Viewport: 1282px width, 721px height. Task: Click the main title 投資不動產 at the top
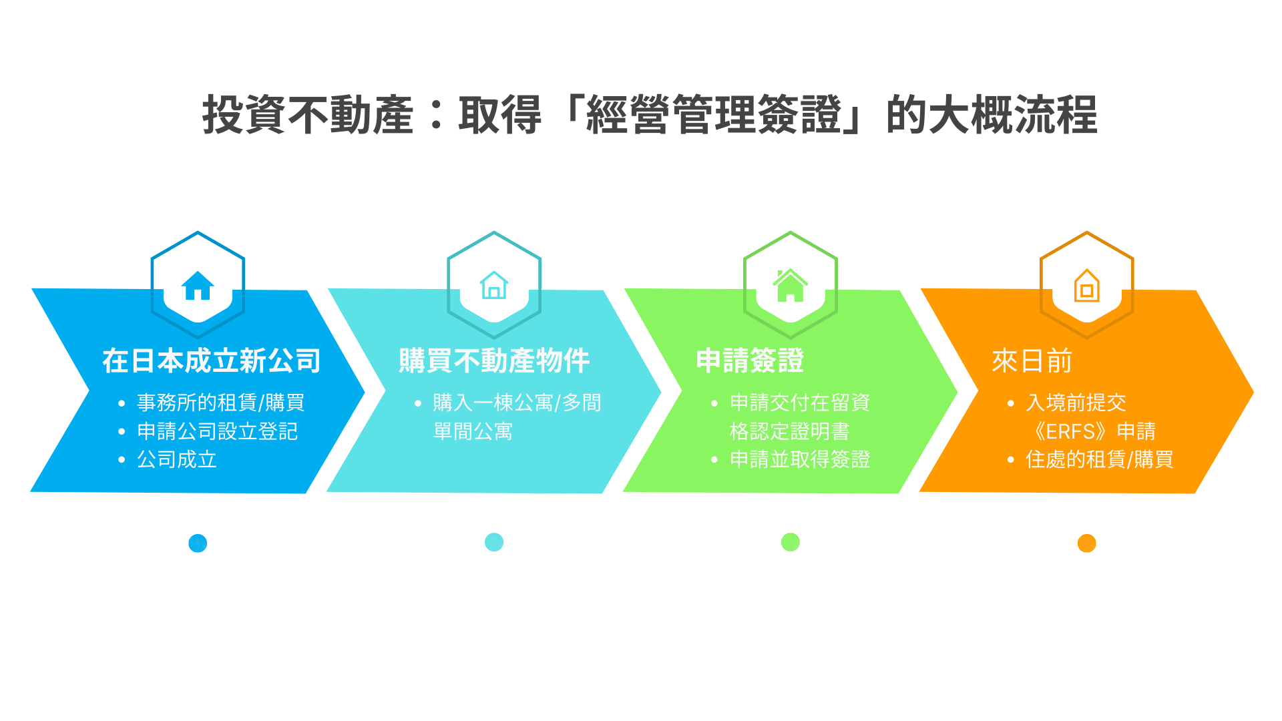308,115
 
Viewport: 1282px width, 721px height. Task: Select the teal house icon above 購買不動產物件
494,285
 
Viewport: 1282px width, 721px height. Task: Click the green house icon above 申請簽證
790,286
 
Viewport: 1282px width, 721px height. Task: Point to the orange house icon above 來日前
1086,286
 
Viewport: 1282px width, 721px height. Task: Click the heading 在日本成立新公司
212,361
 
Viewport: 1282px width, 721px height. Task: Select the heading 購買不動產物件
494,361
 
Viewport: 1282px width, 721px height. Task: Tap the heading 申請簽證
750,361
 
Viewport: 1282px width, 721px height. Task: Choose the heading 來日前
1032,361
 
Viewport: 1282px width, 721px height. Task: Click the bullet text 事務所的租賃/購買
220,403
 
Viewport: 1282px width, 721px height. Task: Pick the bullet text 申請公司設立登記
217,431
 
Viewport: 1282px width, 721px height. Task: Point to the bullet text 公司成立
177,459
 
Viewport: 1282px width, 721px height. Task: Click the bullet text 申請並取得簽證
800,459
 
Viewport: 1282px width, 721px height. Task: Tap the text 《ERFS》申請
1093,431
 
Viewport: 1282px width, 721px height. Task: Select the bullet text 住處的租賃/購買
1099,459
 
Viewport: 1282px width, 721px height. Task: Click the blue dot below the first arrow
198,543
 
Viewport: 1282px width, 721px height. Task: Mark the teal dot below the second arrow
494,542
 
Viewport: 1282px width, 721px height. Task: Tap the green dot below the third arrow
791,542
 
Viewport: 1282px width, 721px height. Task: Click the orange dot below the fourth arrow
1086,543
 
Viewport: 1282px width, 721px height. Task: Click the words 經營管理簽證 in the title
713,115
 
